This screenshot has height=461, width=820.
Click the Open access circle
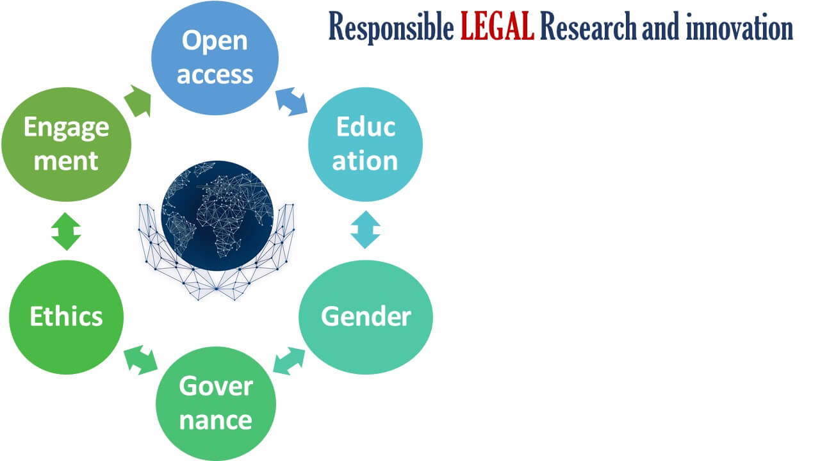[x=215, y=58]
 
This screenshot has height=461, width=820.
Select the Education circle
[x=365, y=144]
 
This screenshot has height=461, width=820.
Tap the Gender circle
[x=366, y=317]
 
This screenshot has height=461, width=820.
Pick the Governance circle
[x=216, y=404]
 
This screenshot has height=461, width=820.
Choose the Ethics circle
[x=66, y=317]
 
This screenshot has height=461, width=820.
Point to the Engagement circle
[x=66, y=144]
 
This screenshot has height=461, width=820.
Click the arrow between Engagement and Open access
[x=138, y=101]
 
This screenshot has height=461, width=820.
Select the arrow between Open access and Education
[x=291, y=101]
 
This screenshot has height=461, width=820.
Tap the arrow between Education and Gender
[x=365, y=230]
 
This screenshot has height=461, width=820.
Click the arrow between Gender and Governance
[x=289, y=360]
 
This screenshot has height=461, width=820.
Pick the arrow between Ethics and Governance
[x=140, y=360]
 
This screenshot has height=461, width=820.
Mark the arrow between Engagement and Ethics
[x=66, y=231]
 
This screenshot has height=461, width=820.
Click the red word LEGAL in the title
[x=496, y=26]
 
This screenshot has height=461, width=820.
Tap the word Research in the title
[x=588, y=26]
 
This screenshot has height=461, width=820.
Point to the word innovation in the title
[x=739, y=26]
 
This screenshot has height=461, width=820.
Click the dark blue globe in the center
[x=217, y=216]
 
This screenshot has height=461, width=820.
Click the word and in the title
[x=660, y=26]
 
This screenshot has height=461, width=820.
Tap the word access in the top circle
[x=215, y=75]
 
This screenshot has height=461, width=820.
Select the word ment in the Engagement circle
[x=66, y=161]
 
